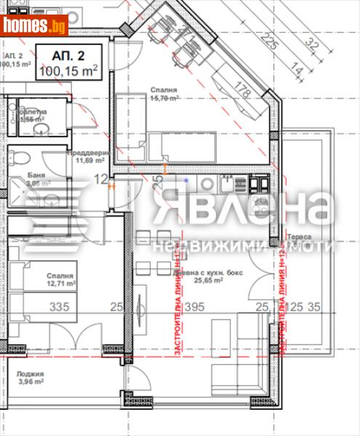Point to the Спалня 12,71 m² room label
tap(63, 280)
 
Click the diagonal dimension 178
tap(243, 90)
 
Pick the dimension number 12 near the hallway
tap(101, 179)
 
